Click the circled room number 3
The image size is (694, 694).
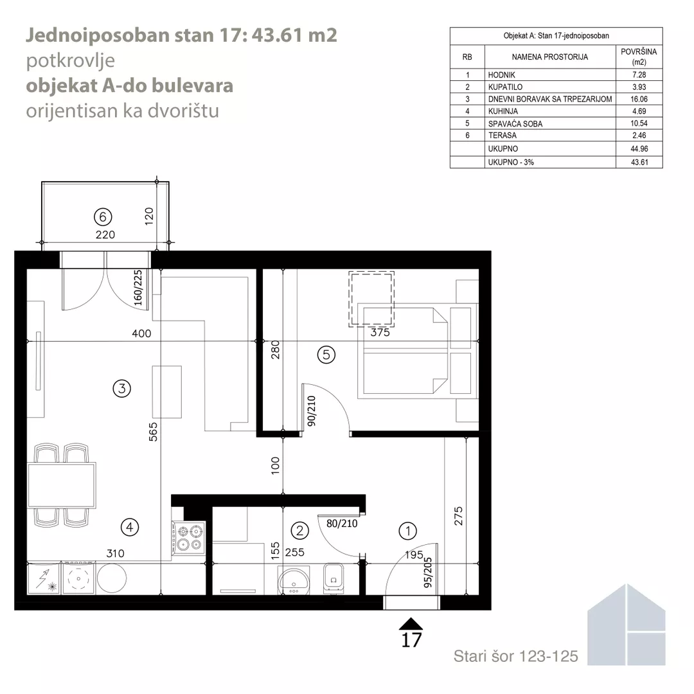coord(121,389)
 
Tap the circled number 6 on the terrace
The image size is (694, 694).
coord(103,217)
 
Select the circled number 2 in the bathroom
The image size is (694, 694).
coord(299,530)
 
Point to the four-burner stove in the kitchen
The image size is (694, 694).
coord(188,537)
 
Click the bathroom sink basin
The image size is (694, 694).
coord(294,580)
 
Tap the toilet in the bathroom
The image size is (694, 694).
coord(334,578)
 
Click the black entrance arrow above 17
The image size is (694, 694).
coord(411,623)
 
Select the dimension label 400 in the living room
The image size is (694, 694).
coord(141,334)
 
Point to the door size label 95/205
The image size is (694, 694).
coord(427,572)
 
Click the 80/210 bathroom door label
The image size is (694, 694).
coord(342,523)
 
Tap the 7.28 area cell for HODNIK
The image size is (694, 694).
coord(639,75)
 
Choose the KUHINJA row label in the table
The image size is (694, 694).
coord(503,111)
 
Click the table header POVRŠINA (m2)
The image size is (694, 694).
coord(639,57)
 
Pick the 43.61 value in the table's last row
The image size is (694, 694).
coord(639,162)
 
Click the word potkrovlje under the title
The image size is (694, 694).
coord(71,60)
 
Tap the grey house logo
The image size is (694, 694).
coord(627,625)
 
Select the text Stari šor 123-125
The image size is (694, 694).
coord(515,656)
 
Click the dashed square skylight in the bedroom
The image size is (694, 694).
coord(371,299)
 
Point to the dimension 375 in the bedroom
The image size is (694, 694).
coord(380,332)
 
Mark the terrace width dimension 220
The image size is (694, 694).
coord(105,235)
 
